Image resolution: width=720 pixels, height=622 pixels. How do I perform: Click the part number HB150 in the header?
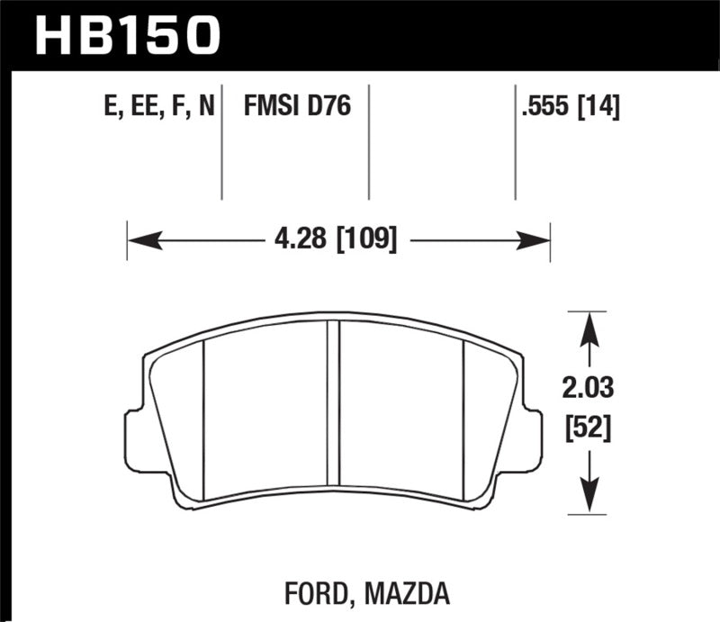coord(126,33)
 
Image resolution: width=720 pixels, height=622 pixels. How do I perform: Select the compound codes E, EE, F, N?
coord(159,108)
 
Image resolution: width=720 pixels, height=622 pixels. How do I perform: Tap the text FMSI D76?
coord(296,108)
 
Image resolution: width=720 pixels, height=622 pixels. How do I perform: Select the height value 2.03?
coord(589,389)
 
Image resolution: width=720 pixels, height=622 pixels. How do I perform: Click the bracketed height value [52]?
coord(589,429)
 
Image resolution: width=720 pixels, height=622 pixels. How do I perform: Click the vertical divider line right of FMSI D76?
coord(369,144)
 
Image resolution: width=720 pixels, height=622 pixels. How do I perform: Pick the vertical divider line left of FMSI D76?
coord(221,144)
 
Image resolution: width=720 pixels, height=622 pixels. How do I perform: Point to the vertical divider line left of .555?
coord(515,144)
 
